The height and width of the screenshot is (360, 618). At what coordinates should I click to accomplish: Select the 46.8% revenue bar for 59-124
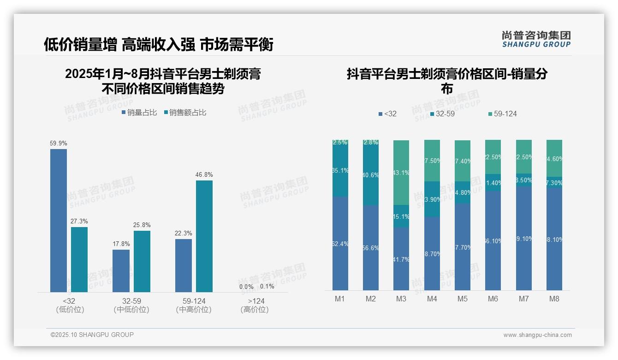tap(204, 236)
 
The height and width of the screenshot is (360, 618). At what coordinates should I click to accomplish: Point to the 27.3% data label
tap(79, 222)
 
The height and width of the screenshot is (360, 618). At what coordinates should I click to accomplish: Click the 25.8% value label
tap(142, 225)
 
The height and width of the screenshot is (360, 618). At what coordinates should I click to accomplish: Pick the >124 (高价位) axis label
tap(254, 305)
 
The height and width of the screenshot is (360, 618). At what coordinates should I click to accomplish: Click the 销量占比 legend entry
tap(139, 113)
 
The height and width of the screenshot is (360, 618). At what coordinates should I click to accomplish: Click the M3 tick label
tap(401, 299)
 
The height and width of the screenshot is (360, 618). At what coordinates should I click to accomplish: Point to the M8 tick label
tap(554, 299)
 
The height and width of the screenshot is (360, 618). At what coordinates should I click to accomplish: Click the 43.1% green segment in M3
tap(401, 173)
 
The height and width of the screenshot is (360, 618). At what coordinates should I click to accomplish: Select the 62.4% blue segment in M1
tap(340, 243)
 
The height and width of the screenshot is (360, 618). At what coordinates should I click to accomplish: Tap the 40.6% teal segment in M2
tap(371, 175)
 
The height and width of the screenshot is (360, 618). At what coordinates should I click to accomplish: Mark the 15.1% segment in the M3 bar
tap(401, 216)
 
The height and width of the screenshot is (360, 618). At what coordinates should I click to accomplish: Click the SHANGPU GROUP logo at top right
tap(536, 39)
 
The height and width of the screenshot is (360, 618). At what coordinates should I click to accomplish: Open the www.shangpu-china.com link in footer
tap(537, 335)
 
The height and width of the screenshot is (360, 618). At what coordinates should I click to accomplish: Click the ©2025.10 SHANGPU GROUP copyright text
tap(92, 335)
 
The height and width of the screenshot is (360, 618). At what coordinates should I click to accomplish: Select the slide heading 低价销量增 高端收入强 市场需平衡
tap(159, 44)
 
